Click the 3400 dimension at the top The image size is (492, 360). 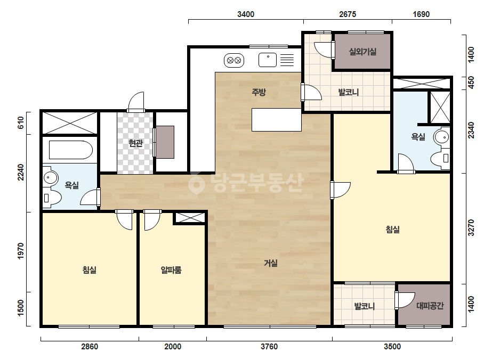click(246, 14)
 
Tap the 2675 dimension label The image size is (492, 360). click(348, 14)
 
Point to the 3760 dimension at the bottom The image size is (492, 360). click(269, 347)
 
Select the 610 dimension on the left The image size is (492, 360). click(21, 122)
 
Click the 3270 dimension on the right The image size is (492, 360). click(471, 228)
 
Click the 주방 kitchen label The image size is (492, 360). click(259, 92)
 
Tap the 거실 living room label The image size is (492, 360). click(270, 263)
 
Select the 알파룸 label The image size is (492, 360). click(171, 269)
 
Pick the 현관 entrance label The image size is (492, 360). click(135, 143)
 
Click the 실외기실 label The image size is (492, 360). click(362, 52)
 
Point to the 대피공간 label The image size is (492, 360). click(430, 306)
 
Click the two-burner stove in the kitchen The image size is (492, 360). click(234, 60)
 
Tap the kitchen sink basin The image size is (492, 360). click(268, 60)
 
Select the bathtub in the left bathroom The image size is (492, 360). click(70, 150)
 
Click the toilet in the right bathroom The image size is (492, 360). click(440, 158)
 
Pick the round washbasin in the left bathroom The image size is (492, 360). click(50, 178)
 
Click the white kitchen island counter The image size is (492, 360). click(277, 120)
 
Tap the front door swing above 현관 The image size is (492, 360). click(136, 101)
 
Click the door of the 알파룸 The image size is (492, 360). click(152, 220)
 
